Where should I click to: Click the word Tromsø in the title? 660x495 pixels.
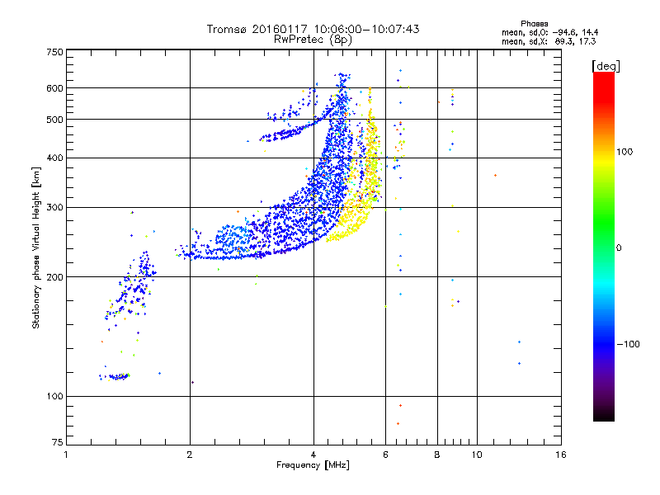(x=225, y=29)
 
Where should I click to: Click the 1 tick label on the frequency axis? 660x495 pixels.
(x=66, y=455)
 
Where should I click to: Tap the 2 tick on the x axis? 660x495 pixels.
(x=190, y=455)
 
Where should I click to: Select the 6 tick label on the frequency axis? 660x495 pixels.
(x=386, y=455)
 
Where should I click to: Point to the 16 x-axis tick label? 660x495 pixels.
(x=560, y=455)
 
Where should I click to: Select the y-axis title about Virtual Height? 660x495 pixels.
(x=36, y=247)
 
